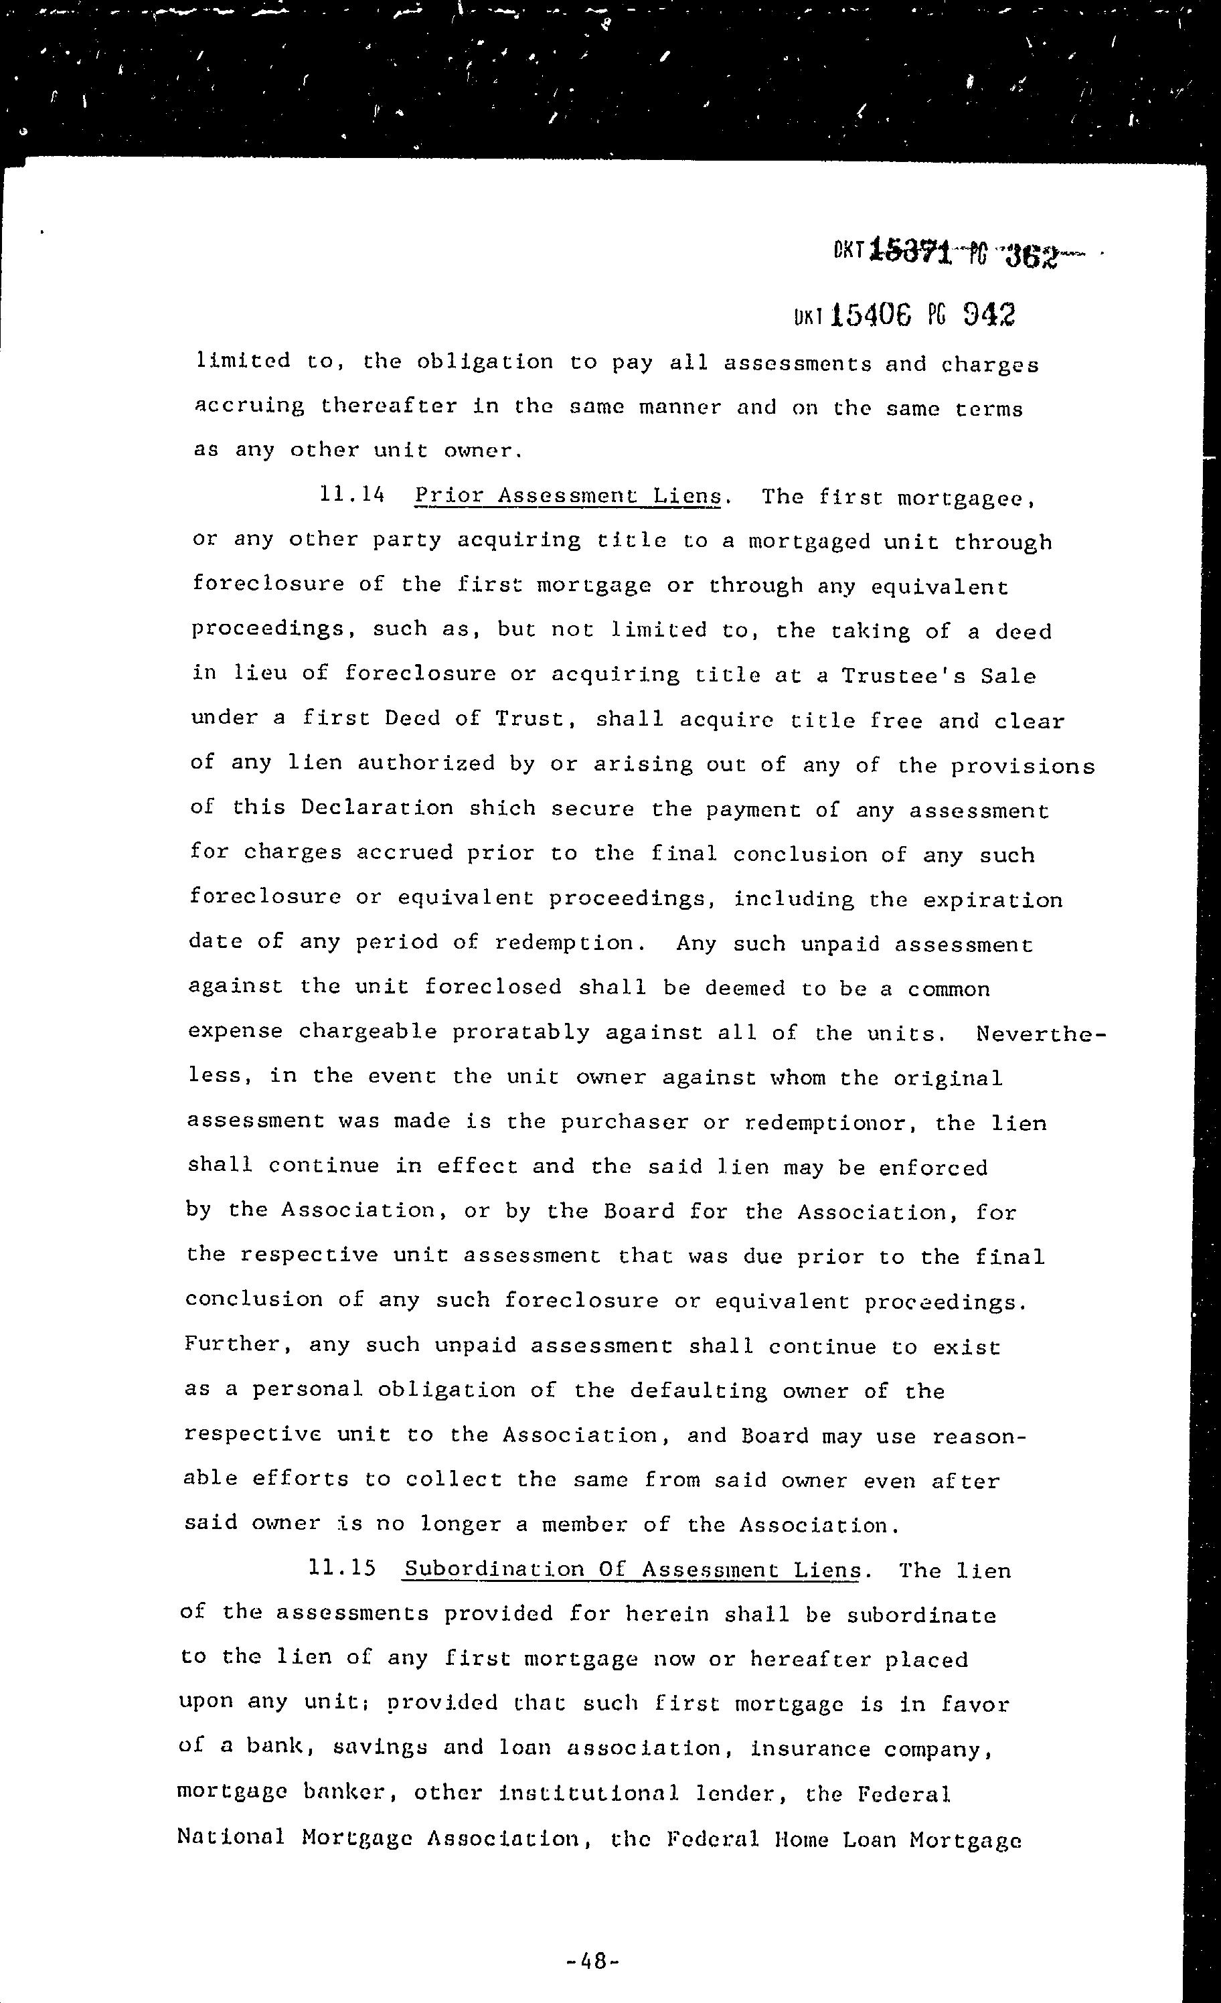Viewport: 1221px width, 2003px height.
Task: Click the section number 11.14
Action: coord(352,493)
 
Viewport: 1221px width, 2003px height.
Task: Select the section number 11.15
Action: coord(342,1567)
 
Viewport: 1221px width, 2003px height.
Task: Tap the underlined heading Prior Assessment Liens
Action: coord(568,495)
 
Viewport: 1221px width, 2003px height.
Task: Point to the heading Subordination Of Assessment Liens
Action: coord(632,1569)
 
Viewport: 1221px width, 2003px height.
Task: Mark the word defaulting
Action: coord(698,1390)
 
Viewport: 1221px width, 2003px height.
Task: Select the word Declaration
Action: coord(377,807)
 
